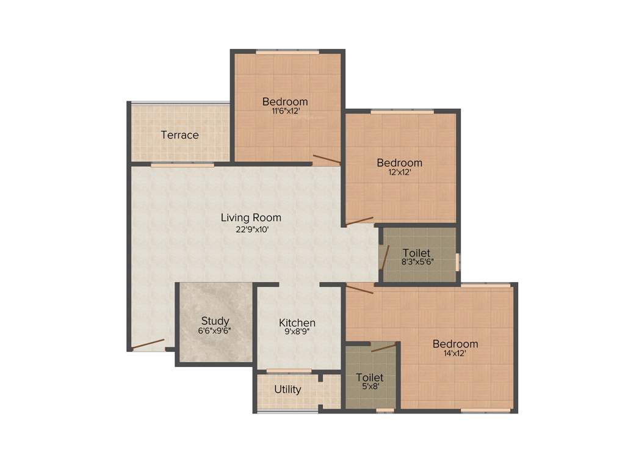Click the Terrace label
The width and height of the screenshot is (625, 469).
coord(179,135)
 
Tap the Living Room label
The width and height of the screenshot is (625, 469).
coord(251,217)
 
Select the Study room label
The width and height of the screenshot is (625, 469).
coord(215,321)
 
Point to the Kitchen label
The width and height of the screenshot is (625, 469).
coord(297,322)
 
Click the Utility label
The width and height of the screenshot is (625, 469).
coord(287,389)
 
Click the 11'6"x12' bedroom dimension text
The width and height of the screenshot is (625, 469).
coord(286,111)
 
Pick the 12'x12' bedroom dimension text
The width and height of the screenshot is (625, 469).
coord(399,172)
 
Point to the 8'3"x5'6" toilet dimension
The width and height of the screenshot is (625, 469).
coord(417,262)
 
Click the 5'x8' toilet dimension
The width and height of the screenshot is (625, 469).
coord(370,387)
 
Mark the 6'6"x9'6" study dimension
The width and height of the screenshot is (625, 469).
coord(215,330)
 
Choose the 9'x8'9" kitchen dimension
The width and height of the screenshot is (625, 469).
coord(297,332)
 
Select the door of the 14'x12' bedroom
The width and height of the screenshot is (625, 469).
coord(360,288)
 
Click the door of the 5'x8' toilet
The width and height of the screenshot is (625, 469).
coord(383,347)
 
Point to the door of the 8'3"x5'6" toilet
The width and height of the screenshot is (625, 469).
coord(384,258)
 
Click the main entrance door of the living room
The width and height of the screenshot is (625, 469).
coord(148,344)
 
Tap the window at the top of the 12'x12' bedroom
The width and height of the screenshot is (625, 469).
coord(402,111)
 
